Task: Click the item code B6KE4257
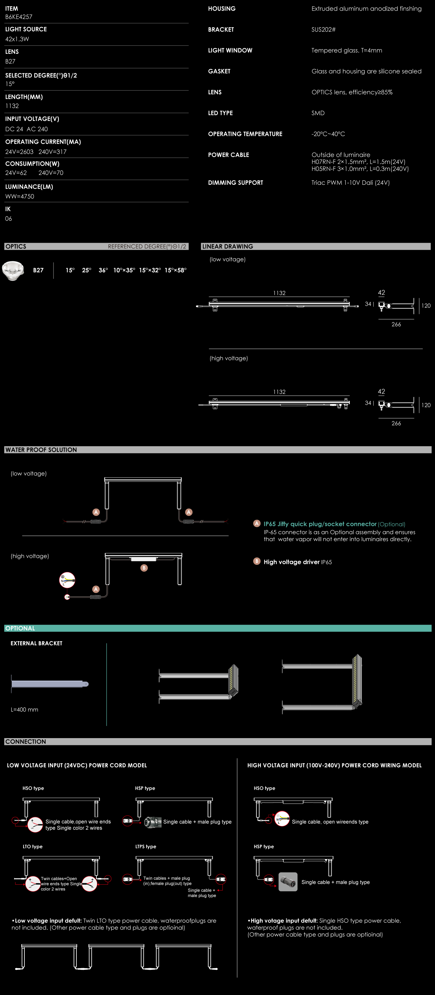click(18, 17)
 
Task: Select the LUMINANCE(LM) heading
click(29, 187)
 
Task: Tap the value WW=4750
click(20, 196)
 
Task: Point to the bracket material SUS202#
click(324, 30)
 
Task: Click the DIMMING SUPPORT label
click(236, 183)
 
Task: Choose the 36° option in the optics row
click(103, 270)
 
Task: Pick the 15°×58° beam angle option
click(175, 270)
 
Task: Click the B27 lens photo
click(13, 270)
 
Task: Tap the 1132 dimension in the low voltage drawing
click(279, 293)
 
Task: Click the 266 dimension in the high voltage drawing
click(396, 423)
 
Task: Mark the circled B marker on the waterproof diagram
click(144, 568)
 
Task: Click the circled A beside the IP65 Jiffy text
click(257, 524)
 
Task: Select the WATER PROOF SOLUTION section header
click(41, 450)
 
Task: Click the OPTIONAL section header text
click(20, 628)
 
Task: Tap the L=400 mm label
click(24, 710)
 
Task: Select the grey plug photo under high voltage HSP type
click(288, 882)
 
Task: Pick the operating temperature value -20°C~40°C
click(328, 134)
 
